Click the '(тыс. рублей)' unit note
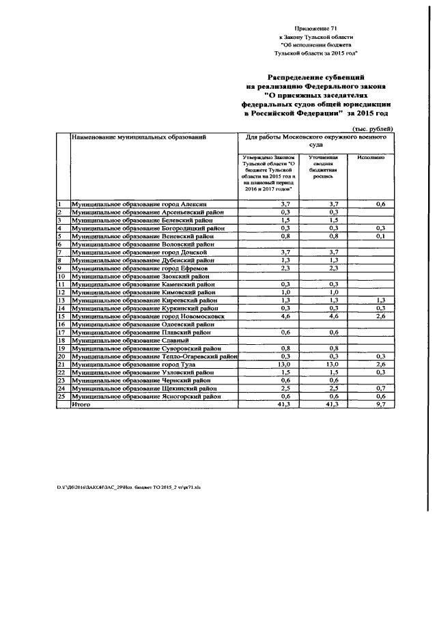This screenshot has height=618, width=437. (373, 129)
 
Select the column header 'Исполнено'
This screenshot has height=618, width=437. (371, 158)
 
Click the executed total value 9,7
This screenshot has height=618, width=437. (380, 405)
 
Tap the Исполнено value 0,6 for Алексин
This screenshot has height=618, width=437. (380, 204)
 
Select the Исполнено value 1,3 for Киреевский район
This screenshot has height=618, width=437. (380, 300)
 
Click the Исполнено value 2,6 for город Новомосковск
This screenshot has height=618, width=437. (380, 316)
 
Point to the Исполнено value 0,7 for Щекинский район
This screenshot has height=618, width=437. (380, 389)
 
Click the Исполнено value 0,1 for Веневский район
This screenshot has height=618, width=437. (380, 236)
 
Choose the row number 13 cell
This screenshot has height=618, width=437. (61, 300)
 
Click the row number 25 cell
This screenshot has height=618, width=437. (61, 397)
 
